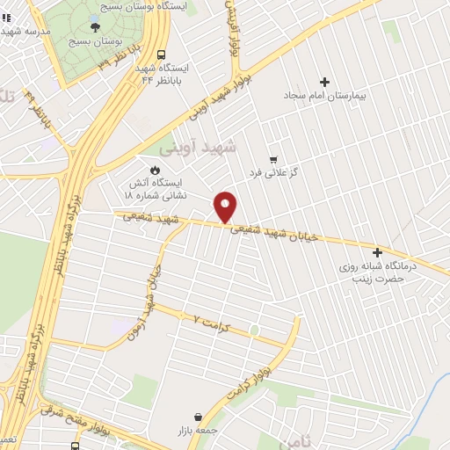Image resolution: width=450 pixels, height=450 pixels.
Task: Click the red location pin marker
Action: click(226, 206)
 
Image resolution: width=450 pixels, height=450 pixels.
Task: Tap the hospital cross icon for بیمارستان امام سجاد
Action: click(324, 81)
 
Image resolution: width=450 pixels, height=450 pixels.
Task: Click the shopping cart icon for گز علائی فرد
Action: click(273, 159)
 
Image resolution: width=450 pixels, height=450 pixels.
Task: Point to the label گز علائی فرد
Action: click(275, 173)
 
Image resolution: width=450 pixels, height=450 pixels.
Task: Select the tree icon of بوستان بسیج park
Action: click(95, 27)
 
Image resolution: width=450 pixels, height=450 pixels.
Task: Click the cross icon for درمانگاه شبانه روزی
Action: click(378, 252)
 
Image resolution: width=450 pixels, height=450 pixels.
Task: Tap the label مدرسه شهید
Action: click(26, 31)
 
